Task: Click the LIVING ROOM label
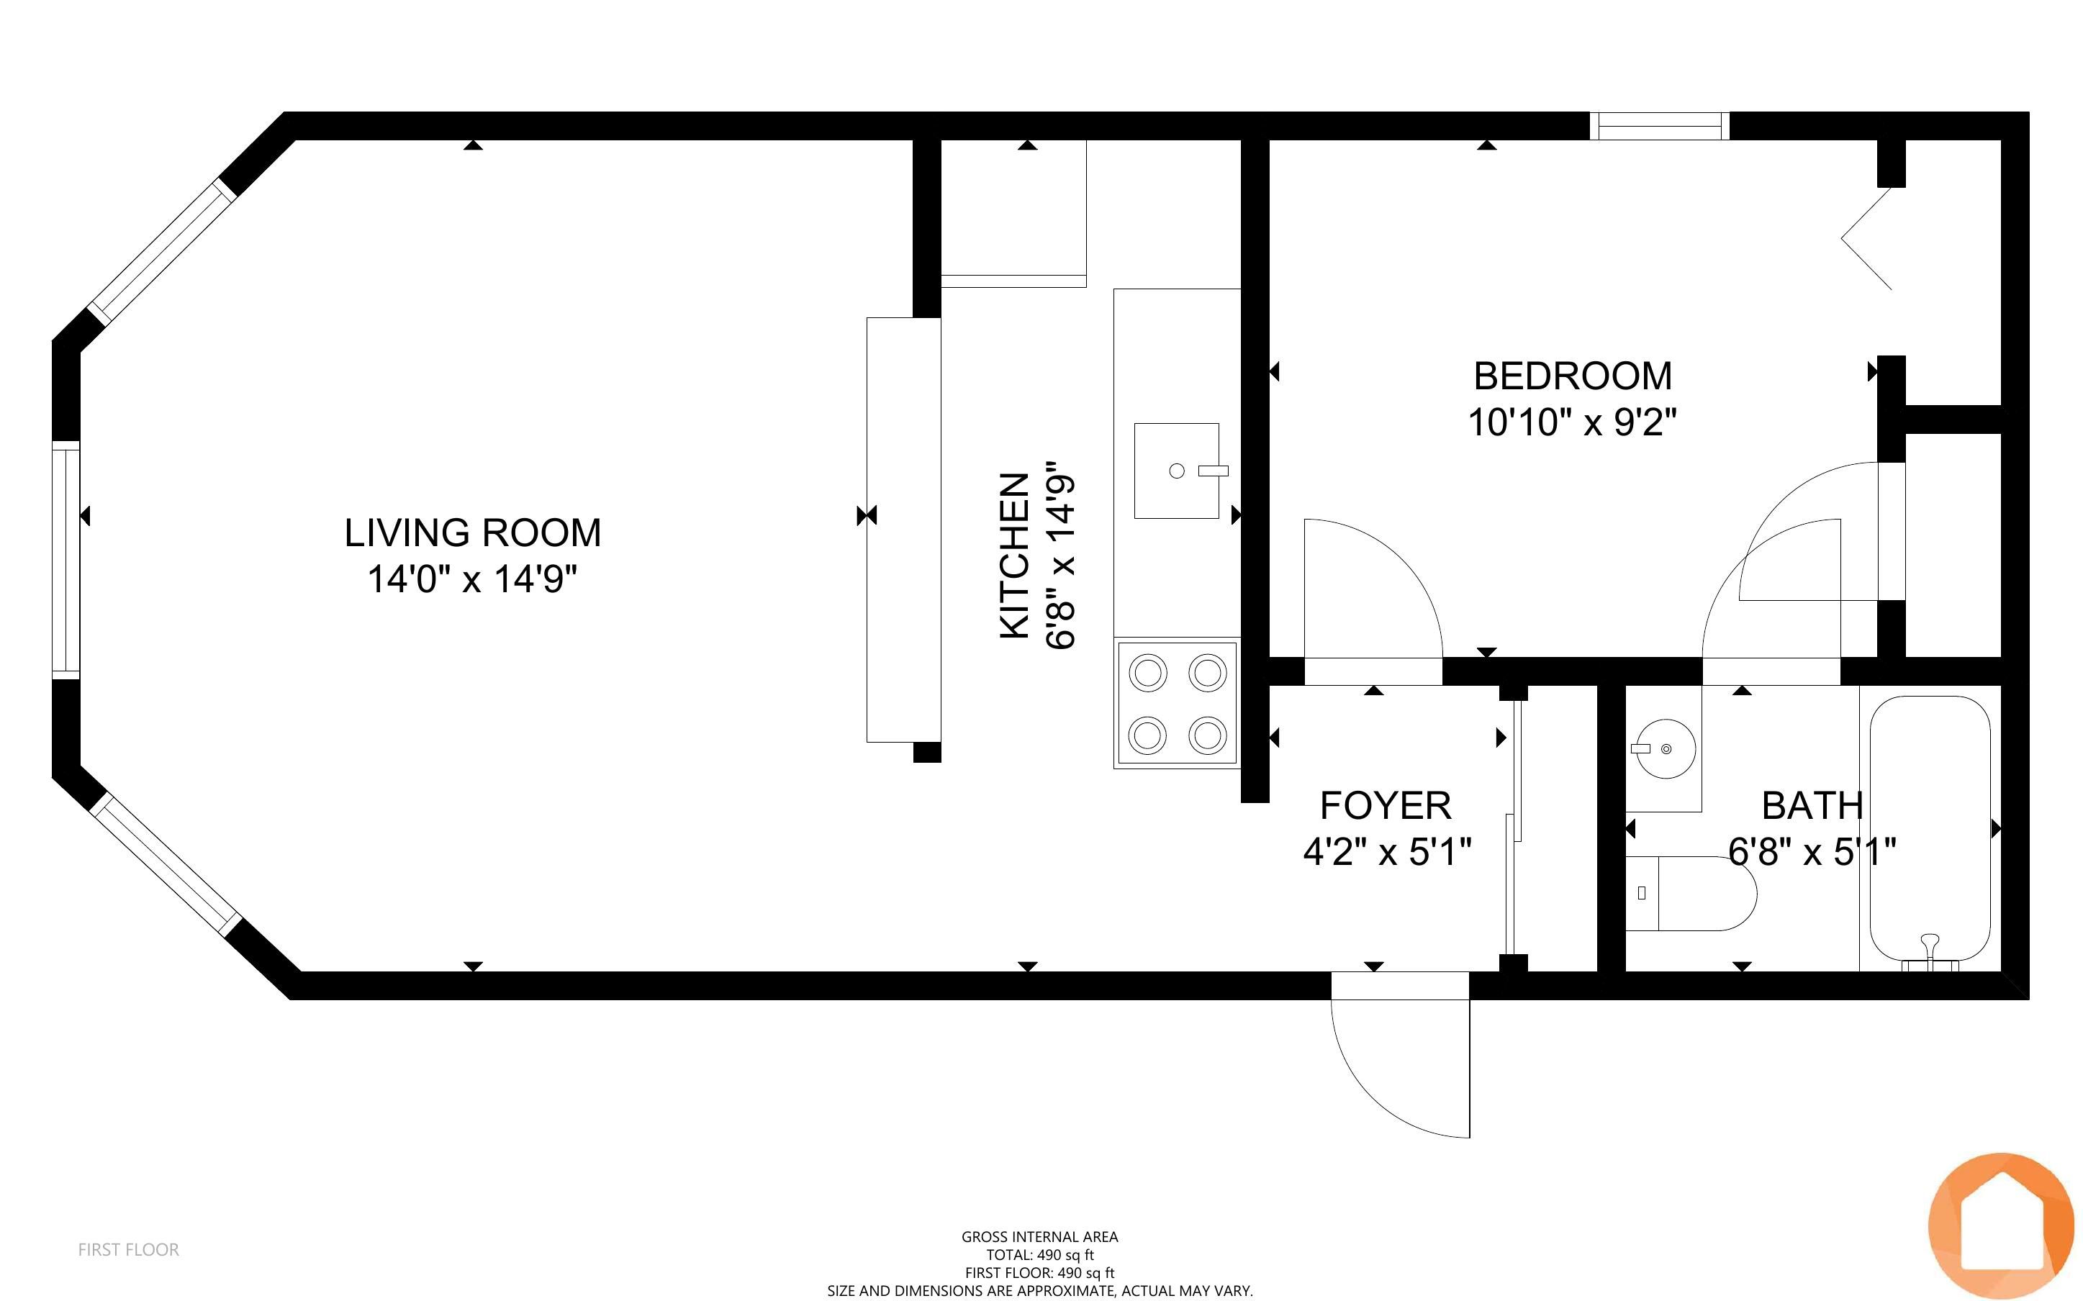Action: (x=472, y=532)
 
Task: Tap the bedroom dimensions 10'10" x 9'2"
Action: (x=1572, y=422)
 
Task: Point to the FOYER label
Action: (x=1386, y=806)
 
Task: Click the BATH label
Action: (x=1812, y=806)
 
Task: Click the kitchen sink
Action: (x=1176, y=471)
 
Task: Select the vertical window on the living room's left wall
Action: (x=66, y=559)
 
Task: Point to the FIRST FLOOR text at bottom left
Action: (x=129, y=1249)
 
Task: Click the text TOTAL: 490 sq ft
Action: (x=1040, y=1254)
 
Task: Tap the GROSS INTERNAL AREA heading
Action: (x=1040, y=1236)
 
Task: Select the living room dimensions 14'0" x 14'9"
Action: (x=472, y=579)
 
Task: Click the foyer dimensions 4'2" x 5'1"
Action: (x=1387, y=853)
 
